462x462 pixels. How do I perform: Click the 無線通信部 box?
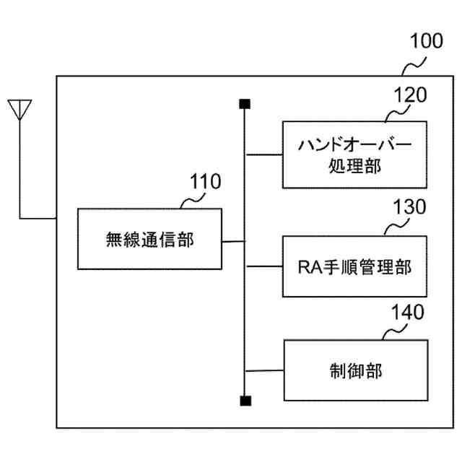point(150,239)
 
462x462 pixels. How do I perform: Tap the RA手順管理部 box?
point(354,266)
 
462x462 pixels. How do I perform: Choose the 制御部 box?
point(354,372)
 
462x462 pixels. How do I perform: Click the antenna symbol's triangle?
point(20,109)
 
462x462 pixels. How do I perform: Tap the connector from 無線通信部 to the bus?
point(234,240)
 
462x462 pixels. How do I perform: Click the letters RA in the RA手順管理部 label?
point(308,267)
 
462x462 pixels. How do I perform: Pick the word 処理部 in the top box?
point(354,167)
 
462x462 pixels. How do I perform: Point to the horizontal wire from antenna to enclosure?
point(38,217)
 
